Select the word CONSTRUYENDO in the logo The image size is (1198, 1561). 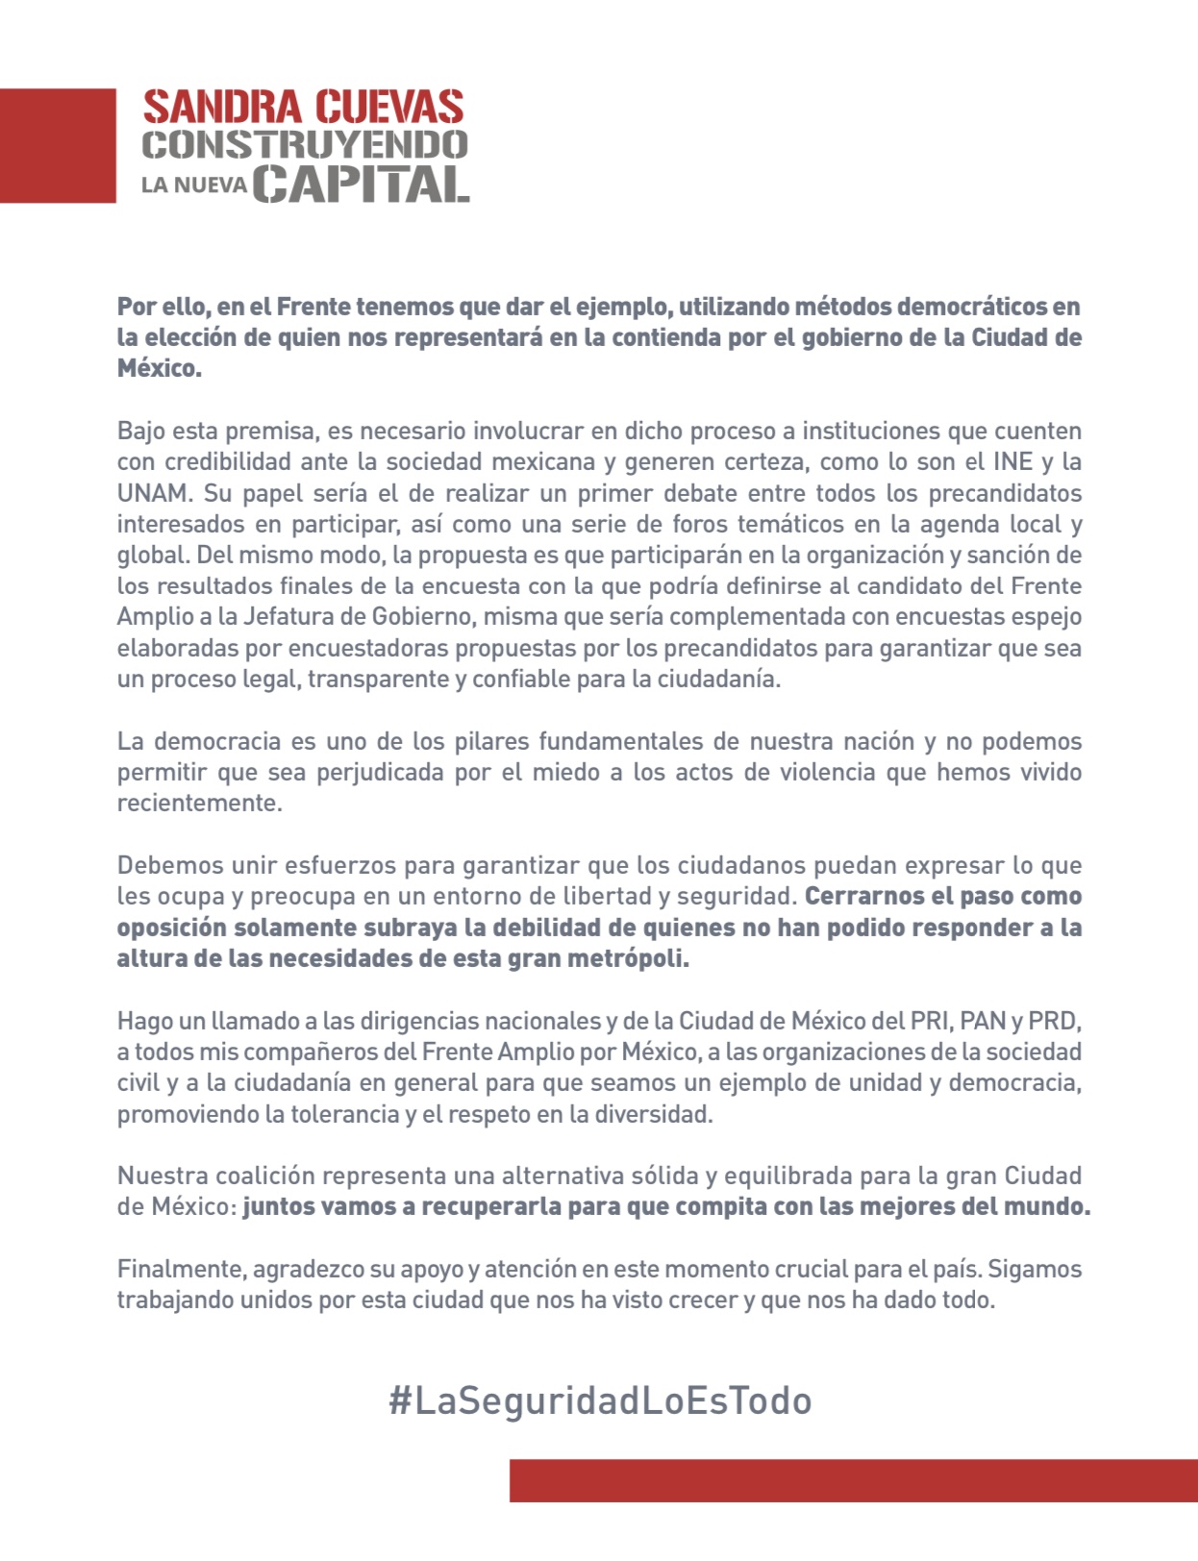click(x=305, y=145)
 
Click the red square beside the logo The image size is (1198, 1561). click(x=58, y=145)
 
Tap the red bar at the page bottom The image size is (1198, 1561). click(x=853, y=1480)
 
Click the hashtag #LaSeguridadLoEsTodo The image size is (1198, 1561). click(x=600, y=1400)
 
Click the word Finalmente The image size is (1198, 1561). click(x=180, y=1269)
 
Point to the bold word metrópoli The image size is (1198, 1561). click(x=635, y=959)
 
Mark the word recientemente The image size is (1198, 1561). click(x=198, y=804)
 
